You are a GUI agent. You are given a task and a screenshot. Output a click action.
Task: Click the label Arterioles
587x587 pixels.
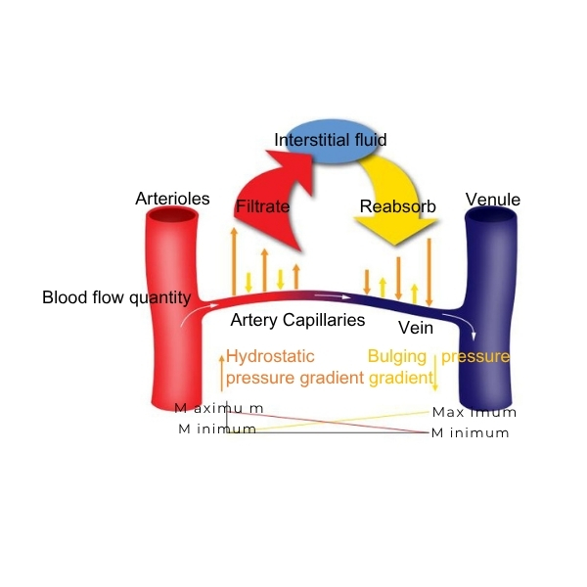pyautogui.click(x=172, y=200)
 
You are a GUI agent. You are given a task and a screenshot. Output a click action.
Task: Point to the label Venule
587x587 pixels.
pyautogui.click(x=493, y=201)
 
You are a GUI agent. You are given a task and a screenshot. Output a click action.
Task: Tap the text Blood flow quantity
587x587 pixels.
pyautogui.click(x=109, y=297)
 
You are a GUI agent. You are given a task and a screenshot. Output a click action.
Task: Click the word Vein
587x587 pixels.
pyautogui.click(x=415, y=328)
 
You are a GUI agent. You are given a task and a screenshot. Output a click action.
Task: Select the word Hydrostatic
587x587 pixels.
pyautogui.click(x=270, y=357)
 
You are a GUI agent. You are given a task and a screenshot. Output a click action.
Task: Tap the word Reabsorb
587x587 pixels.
pyautogui.click(x=397, y=207)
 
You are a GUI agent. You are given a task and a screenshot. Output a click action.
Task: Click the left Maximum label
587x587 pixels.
pyautogui.click(x=219, y=408)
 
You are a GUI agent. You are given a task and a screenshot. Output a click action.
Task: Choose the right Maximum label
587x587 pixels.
pyautogui.click(x=474, y=413)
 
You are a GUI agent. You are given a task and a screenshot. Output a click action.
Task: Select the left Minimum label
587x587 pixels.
pyautogui.click(x=217, y=429)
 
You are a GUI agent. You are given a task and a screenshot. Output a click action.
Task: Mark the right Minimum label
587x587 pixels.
pyautogui.click(x=471, y=433)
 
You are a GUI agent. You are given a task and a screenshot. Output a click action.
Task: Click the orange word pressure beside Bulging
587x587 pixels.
pyautogui.click(x=476, y=357)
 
